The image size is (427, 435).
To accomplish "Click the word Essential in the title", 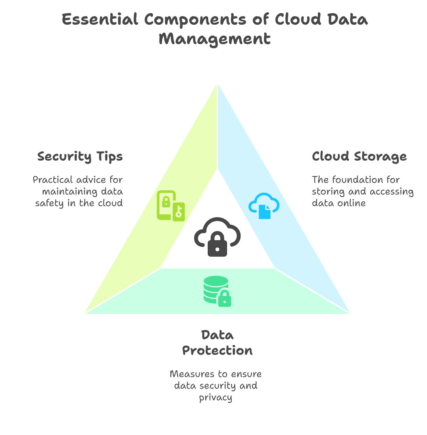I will (x=100, y=19).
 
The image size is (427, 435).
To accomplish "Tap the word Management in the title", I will (x=214, y=39).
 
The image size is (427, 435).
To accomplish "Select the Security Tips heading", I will (x=80, y=156).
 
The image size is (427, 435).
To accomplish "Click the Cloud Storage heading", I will (x=359, y=156).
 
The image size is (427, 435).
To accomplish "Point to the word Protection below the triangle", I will (x=217, y=351).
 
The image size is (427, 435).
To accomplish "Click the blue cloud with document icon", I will (x=264, y=206).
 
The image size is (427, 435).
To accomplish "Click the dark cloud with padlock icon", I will (x=217, y=237).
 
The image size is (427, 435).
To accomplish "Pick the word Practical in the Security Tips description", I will (x=53, y=180).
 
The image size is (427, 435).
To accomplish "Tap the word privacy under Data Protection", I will (x=215, y=397).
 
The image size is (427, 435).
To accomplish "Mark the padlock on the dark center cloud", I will (x=217, y=244).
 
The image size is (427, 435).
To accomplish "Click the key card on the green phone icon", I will (x=179, y=212).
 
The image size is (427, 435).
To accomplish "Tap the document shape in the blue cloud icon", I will (x=265, y=212).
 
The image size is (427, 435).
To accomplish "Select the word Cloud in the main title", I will (x=298, y=19).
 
